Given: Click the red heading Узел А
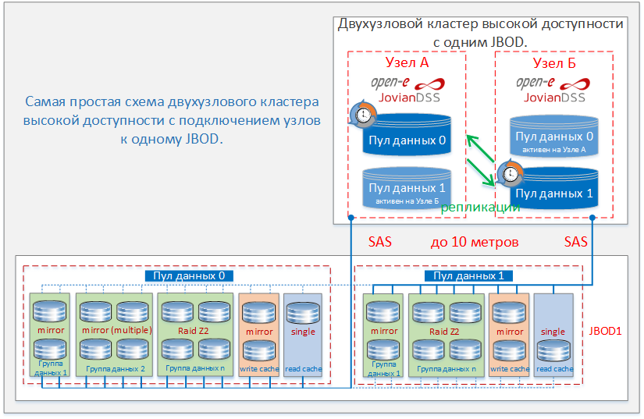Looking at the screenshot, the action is click(407, 62).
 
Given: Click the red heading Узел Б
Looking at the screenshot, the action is click(554, 62).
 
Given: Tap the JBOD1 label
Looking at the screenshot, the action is click(605, 331).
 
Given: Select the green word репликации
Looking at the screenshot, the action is click(480, 208).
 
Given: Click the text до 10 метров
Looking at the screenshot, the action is click(475, 242).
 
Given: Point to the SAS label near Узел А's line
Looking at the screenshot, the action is click(379, 242).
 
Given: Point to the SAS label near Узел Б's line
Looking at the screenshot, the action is click(575, 242).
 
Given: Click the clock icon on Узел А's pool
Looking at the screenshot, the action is click(363, 114).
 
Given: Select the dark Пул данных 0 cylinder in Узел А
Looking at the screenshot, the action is click(407, 135).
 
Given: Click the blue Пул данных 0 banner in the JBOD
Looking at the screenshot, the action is click(189, 275).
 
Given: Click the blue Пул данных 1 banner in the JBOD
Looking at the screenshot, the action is click(468, 275).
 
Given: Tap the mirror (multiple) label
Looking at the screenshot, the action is click(116, 330).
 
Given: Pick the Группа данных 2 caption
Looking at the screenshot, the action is click(116, 368).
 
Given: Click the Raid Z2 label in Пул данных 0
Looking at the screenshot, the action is click(194, 330).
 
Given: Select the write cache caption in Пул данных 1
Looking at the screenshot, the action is click(510, 368).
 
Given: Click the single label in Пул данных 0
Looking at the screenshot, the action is click(303, 331).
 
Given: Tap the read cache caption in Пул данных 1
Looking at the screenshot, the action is click(555, 368).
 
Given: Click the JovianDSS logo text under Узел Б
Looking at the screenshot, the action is click(554, 98).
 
